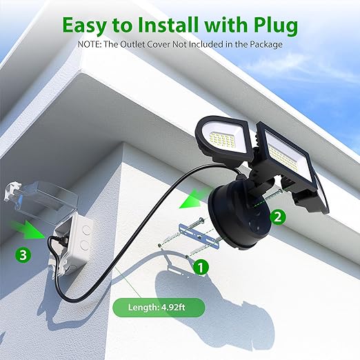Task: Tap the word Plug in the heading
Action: pos(276,26)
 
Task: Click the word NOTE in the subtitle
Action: pos(89,44)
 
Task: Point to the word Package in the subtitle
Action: pos(266,45)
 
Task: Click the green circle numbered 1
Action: pos(201,267)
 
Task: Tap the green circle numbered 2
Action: pos(278,217)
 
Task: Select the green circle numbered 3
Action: pos(23,254)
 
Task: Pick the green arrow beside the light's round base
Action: pos(194,198)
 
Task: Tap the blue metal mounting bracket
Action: pos(199,237)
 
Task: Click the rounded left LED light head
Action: pos(223,137)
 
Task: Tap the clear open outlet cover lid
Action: pos(40,198)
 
